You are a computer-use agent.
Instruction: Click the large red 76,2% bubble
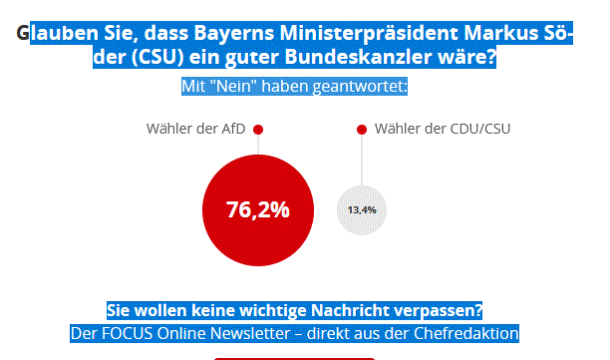(x=258, y=210)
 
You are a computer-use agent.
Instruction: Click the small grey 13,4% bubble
(x=362, y=210)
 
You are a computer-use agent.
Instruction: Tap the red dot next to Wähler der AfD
(x=258, y=130)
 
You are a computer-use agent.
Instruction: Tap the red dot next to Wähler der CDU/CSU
(x=362, y=130)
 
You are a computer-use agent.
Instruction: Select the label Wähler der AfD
(x=195, y=130)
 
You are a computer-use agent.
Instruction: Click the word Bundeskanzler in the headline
(x=375, y=59)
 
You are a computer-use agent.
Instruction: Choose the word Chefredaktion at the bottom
(x=466, y=332)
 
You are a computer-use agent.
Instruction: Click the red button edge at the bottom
(x=295, y=357)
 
